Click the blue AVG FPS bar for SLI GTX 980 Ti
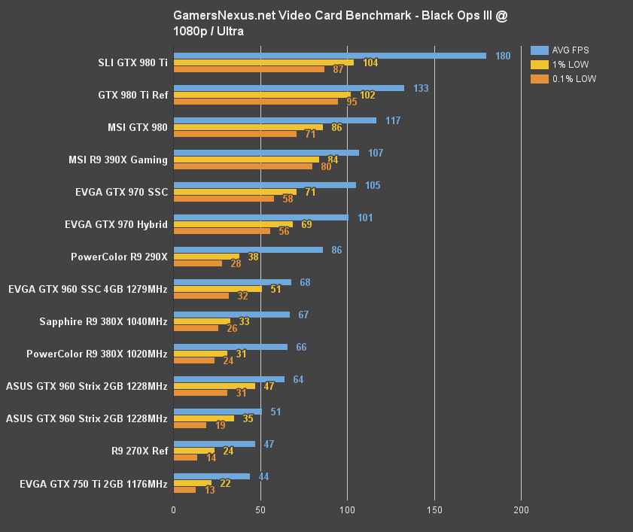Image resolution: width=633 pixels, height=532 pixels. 330,56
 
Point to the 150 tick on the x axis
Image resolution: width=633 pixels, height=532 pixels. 434,510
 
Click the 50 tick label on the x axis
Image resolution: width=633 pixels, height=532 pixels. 260,510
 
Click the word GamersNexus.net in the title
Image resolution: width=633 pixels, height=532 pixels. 219,15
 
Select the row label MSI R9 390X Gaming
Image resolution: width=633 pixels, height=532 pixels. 117,160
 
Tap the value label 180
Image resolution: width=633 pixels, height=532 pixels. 503,56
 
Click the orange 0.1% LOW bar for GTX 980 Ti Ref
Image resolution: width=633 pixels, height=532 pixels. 256,102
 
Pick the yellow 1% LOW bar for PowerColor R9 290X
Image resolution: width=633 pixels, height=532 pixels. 206,257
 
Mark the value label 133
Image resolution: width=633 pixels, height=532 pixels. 421,88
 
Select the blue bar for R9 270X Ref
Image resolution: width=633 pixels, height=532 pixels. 215,444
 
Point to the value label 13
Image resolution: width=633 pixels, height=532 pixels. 209,490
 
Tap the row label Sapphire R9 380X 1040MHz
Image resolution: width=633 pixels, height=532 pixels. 103,321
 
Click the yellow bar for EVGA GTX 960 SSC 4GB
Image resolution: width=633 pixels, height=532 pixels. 218,289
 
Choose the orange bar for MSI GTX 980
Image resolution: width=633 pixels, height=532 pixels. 235,134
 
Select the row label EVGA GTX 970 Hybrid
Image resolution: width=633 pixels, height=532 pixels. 116,224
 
